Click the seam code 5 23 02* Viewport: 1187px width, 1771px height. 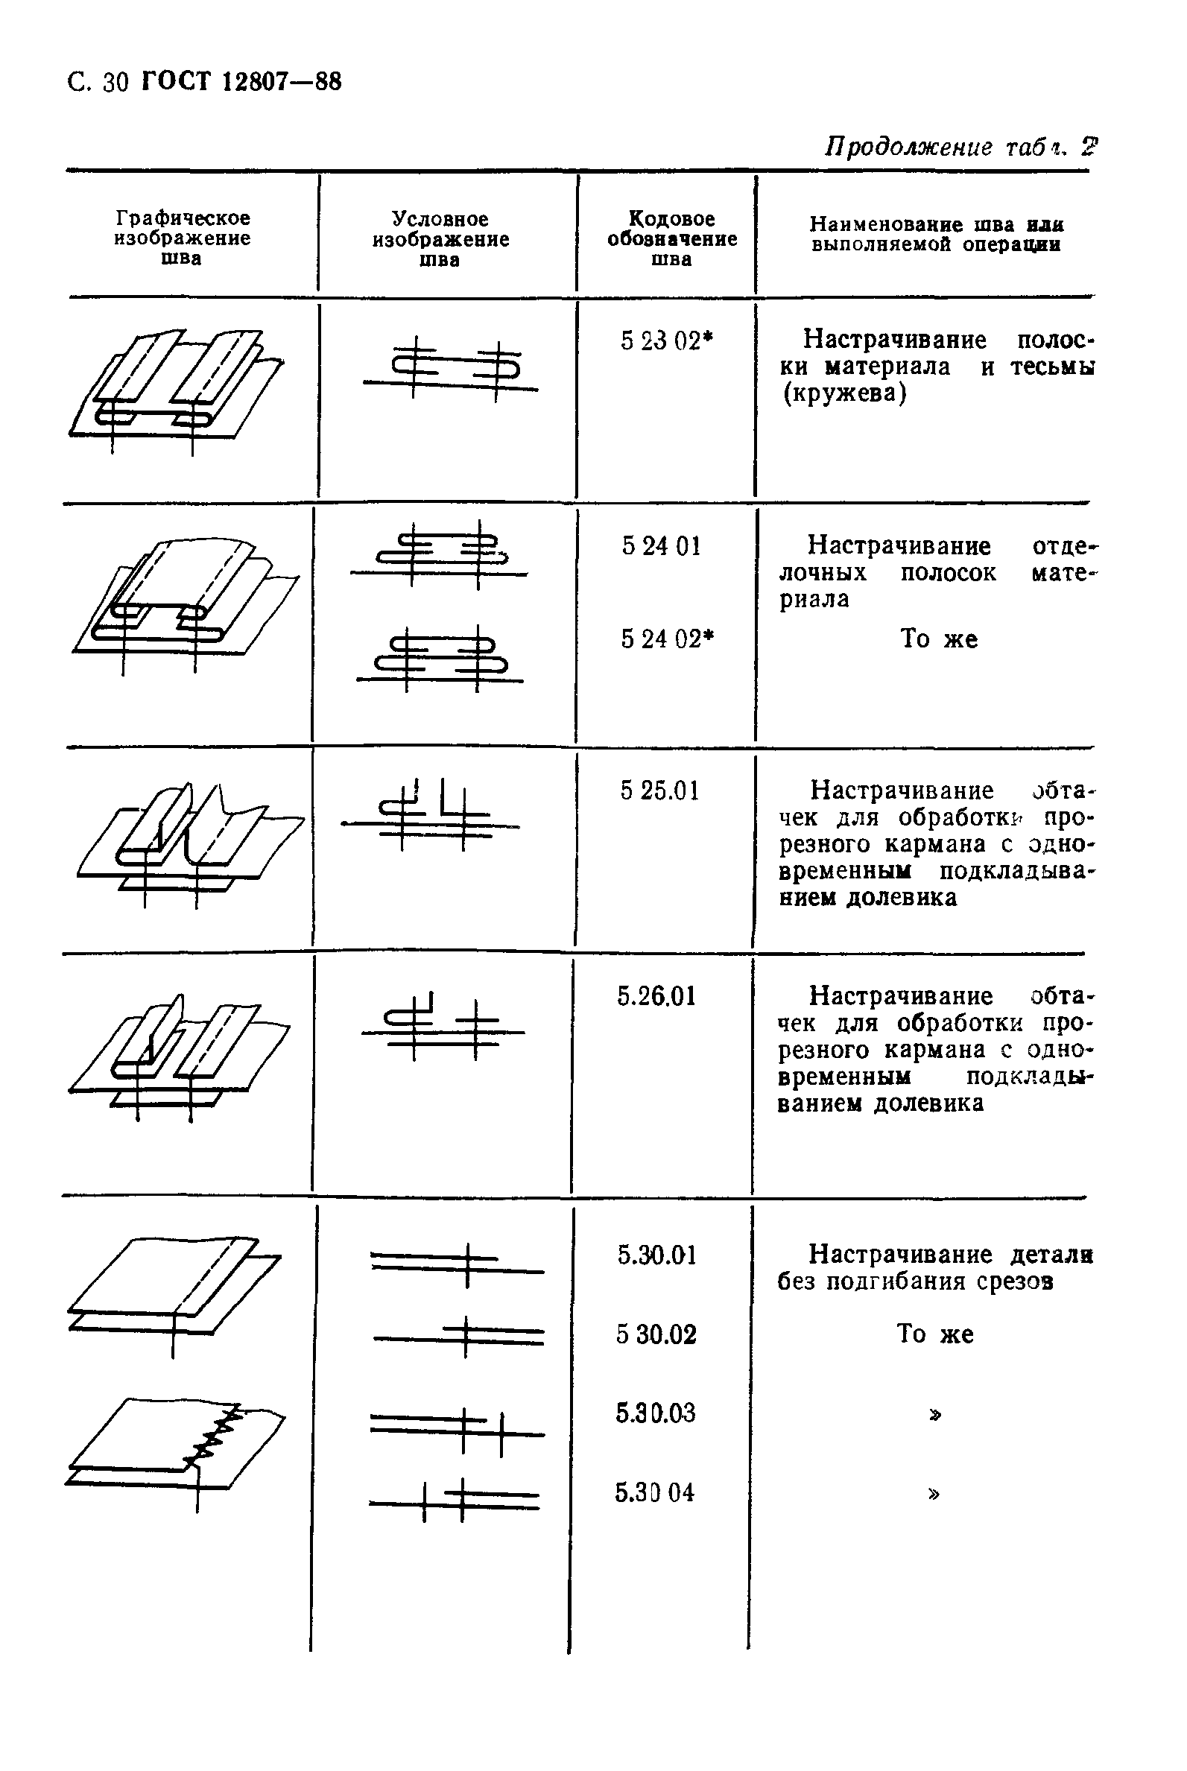(666, 341)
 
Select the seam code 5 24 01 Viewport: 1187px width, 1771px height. (661, 545)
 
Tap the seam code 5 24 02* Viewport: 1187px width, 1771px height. (667, 639)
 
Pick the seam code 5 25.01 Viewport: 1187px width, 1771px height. (659, 791)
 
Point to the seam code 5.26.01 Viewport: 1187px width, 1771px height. (656, 996)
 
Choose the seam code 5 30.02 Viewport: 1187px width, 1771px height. (656, 1334)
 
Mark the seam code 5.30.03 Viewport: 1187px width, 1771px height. (655, 1413)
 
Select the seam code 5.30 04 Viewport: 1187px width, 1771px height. (654, 1492)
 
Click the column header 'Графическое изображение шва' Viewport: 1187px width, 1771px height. (182, 238)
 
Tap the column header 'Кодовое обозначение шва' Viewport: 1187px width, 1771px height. (671, 238)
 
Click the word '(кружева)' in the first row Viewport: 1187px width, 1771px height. (844, 393)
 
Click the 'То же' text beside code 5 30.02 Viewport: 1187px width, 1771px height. (934, 1334)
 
